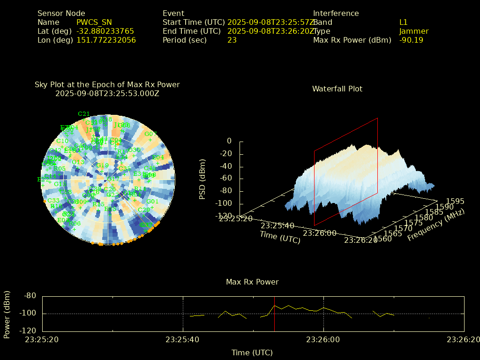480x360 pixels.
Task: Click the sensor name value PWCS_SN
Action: point(94,22)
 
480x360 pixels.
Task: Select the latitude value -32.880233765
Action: point(105,31)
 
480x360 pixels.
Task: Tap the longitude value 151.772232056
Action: point(106,40)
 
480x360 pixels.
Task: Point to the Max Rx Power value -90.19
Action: point(411,40)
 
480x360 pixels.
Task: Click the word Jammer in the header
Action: point(413,31)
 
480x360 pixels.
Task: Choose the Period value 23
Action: point(232,40)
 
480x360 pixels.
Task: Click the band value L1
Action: point(403,22)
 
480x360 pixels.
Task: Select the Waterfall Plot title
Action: point(337,89)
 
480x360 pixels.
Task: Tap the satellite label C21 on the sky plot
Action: point(83,114)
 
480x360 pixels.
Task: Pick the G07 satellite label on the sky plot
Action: point(150,134)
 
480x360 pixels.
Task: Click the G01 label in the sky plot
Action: point(152,202)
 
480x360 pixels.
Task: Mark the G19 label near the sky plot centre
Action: point(103,165)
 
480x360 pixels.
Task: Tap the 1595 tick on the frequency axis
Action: point(455,201)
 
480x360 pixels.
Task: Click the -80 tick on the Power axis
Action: point(30,296)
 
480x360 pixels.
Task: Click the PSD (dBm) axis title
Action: point(202,179)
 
